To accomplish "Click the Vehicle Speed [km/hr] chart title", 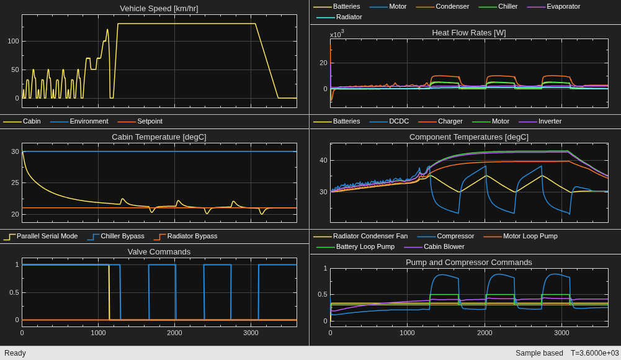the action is coord(159,8).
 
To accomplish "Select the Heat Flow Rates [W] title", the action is coord(469,32).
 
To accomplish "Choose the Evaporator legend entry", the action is coord(553,6).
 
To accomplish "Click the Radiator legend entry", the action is coord(339,17).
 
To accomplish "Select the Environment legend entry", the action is coord(79,121).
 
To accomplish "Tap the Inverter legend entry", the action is coord(540,121).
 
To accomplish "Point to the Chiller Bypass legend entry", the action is coord(115,236).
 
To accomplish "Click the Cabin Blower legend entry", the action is coord(434,247).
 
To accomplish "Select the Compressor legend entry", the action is coord(445,236).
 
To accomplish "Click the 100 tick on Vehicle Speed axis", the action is coord(14,41).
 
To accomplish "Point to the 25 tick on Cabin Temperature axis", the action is coord(15,183).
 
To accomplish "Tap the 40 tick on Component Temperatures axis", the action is coord(324,160).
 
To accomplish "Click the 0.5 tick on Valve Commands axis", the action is coord(14,292).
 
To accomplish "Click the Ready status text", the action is coord(15,353).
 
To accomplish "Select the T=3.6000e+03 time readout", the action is coord(594,353).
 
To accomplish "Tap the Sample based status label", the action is coord(539,353).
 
